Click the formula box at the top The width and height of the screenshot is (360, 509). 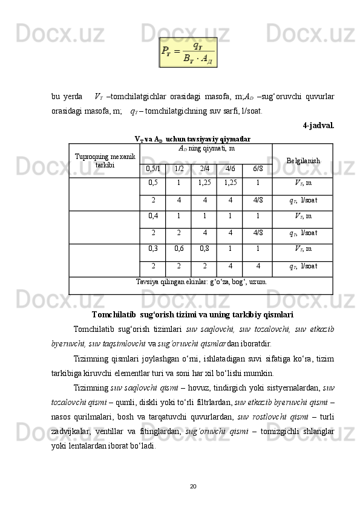pos(188,52)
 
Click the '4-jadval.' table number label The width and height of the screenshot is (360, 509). pos(318,126)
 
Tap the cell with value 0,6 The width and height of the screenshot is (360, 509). pos(179,248)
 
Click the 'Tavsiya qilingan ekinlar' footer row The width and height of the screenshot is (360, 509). pos(201,282)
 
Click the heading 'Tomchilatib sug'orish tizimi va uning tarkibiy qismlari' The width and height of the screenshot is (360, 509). pos(193,315)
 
